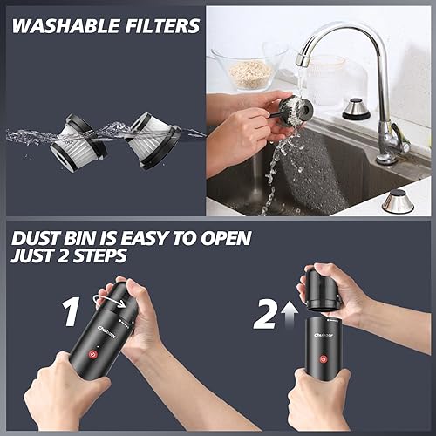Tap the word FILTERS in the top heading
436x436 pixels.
(x=161, y=25)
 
